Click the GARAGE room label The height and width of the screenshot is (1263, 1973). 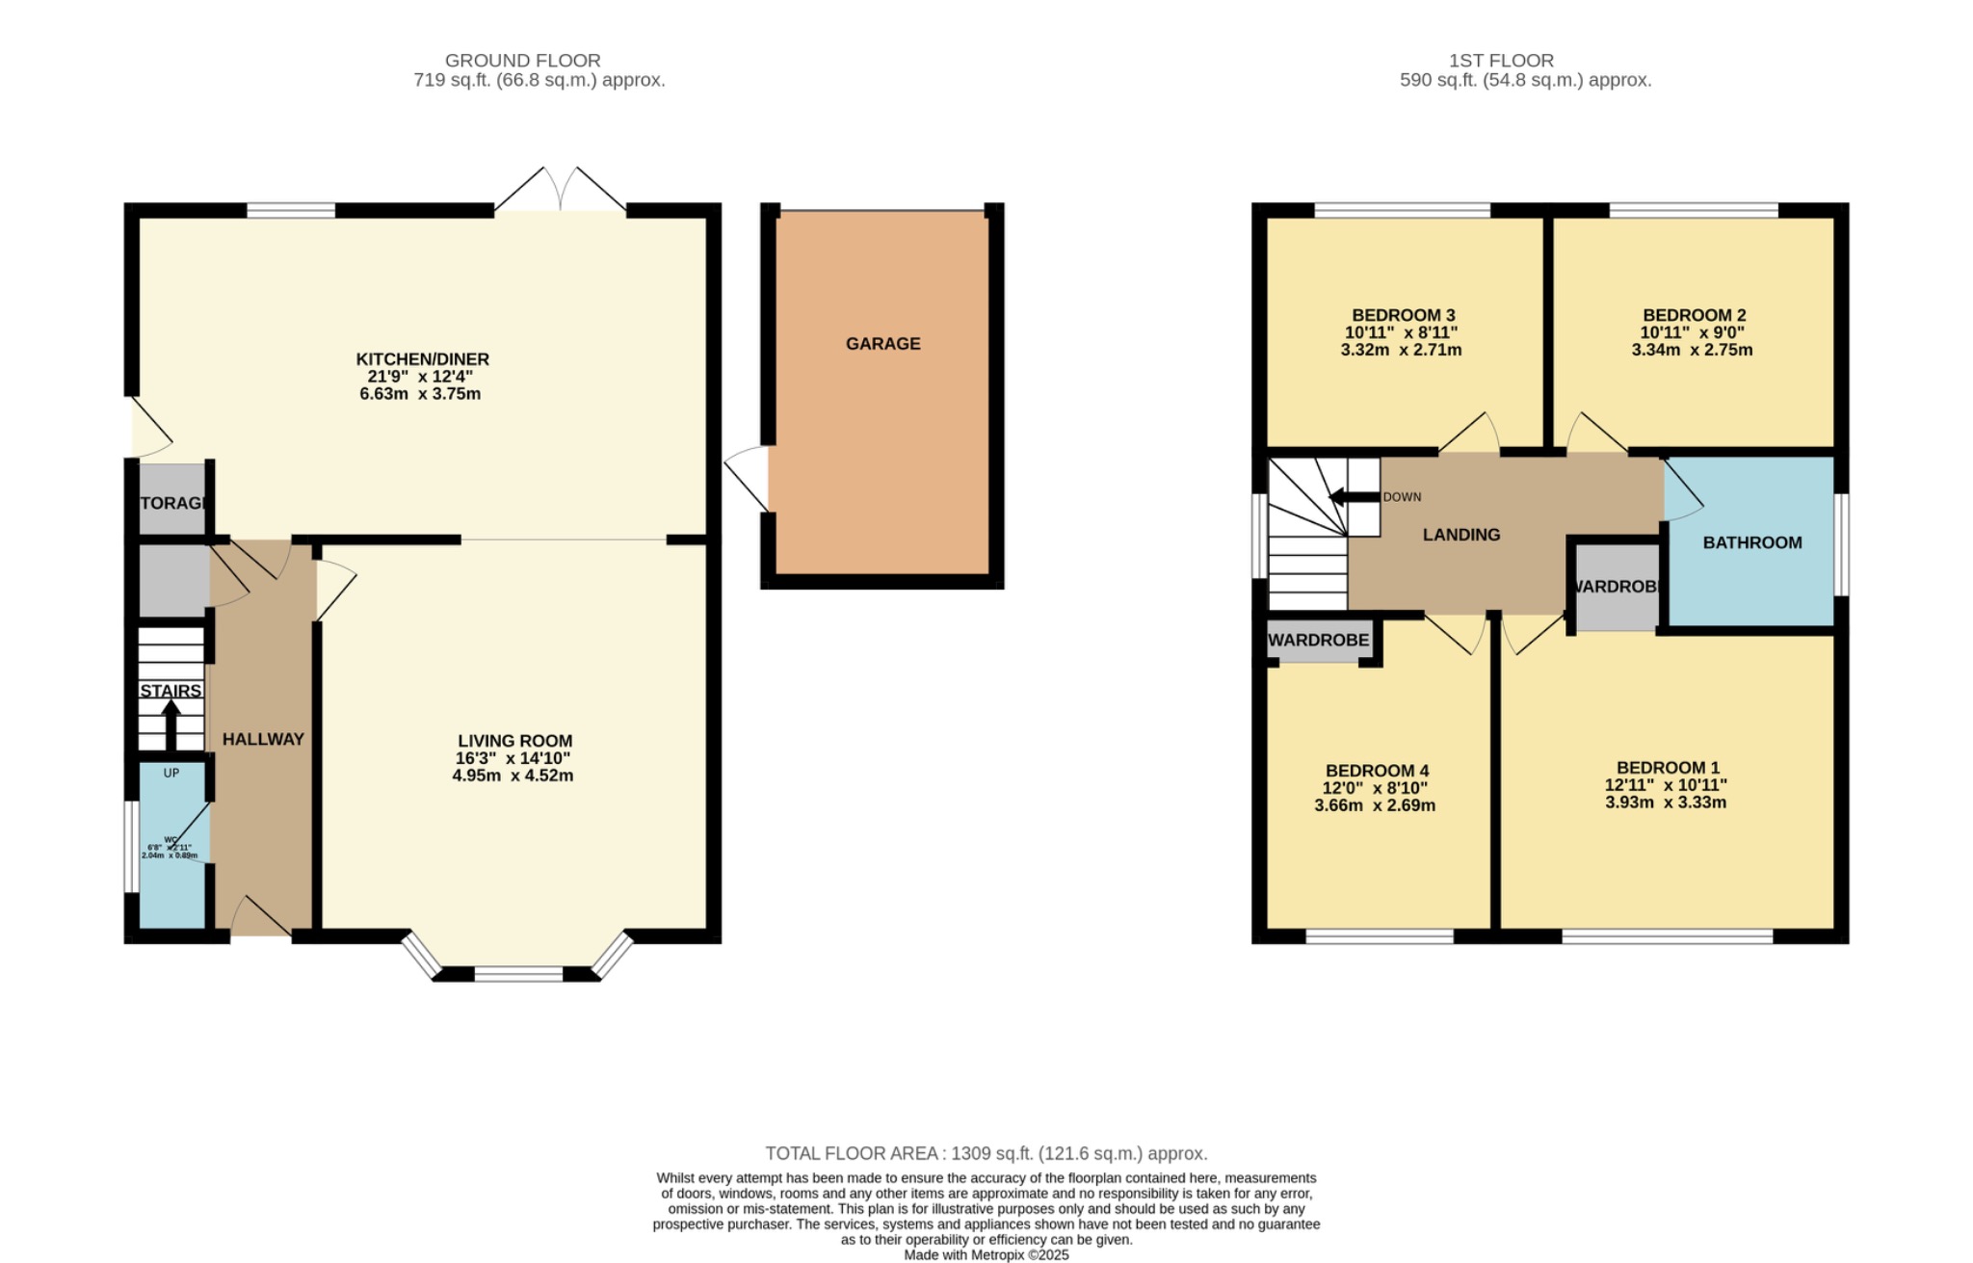[882, 344]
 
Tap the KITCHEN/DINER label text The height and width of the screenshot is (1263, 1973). [422, 359]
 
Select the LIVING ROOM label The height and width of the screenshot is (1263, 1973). [514, 741]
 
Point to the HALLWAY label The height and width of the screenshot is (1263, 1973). [263, 739]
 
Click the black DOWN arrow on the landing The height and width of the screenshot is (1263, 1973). [1353, 497]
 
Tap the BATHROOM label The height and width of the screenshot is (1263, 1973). [1751, 542]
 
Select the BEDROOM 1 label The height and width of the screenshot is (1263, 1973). [1667, 768]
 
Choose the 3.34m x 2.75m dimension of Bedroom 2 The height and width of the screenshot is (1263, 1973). [1692, 350]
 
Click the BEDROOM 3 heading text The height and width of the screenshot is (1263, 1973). [1403, 315]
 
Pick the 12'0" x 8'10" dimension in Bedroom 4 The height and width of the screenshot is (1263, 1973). [1375, 788]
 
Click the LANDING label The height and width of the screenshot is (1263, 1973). [1460, 535]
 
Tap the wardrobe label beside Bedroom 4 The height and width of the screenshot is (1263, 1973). [1318, 641]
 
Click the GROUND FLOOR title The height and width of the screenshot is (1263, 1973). [522, 61]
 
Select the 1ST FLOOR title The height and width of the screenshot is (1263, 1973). [1501, 61]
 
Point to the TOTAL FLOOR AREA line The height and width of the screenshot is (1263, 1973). [986, 1153]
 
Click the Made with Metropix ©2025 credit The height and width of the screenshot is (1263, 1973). [986, 1255]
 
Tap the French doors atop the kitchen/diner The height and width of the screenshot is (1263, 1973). [561, 191]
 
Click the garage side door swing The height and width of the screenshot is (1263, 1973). [748, 477]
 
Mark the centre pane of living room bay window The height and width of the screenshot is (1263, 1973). [518, 974]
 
